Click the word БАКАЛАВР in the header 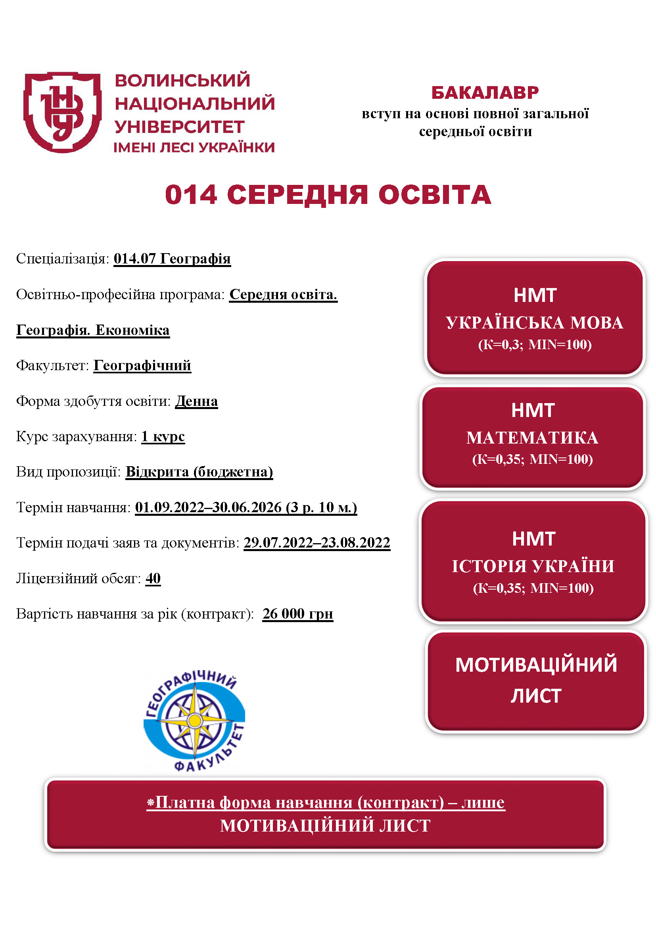[x=485, y=93]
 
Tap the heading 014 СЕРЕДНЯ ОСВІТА [x=328, y=195]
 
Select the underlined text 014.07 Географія [x=172, y=259]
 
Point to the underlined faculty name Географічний [x=142, y=365]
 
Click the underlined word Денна [x=196, y=401]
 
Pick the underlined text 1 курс [x=163, y=436]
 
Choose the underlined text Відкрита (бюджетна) [x=199, y=472]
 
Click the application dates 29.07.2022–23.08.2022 [x=316, y=542]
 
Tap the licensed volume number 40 [x=153, y=578]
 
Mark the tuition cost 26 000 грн [x=298, y=613]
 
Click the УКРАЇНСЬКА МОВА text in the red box [x=534, y=323]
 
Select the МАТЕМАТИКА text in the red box [x=532, y=438]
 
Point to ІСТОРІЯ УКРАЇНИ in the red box [x=533, y=566]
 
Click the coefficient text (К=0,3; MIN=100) [x=534, y=344]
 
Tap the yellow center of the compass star [x=195, y=720]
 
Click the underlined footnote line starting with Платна [x=326, y=802]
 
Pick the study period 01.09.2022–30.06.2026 [x=209, y=507]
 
